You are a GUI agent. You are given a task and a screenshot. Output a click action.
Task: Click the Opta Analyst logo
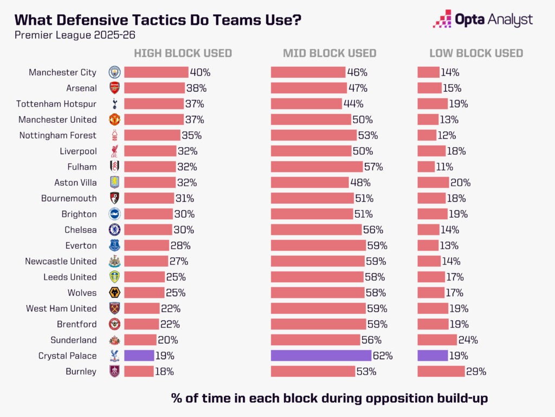coord(482,20)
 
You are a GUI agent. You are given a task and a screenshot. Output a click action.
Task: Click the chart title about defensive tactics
coord(158,20)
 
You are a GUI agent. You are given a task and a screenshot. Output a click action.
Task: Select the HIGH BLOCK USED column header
coord(183,53)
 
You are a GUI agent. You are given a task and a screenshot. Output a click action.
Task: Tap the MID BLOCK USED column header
coord(330,53)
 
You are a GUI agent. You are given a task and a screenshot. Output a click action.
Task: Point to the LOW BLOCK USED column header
coord(476,53)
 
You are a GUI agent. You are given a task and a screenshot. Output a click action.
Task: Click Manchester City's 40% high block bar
coord(156,72)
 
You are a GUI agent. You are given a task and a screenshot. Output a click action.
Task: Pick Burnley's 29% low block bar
coord(441,372)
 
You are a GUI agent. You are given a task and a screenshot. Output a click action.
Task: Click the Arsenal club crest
coord(114,88)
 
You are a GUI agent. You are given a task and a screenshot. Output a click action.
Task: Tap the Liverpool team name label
coord(78,151)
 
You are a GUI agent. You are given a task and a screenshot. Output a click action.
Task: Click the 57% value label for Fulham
coord(374,167)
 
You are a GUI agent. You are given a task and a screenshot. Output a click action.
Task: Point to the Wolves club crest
coord(114,293)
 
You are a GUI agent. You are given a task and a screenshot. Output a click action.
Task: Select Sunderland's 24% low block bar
coord(437,340)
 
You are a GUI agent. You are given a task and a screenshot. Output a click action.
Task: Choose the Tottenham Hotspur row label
coord(56,104)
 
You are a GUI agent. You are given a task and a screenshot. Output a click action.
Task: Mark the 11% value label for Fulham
coord(444,167)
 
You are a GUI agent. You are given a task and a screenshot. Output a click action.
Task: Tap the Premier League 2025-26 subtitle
coord(68,36)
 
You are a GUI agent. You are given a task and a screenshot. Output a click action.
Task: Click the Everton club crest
coord(114,245)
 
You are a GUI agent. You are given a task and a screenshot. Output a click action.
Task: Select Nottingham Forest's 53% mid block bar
coord(314,135)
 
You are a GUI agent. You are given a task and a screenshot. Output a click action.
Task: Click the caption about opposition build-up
coord(330,398)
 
